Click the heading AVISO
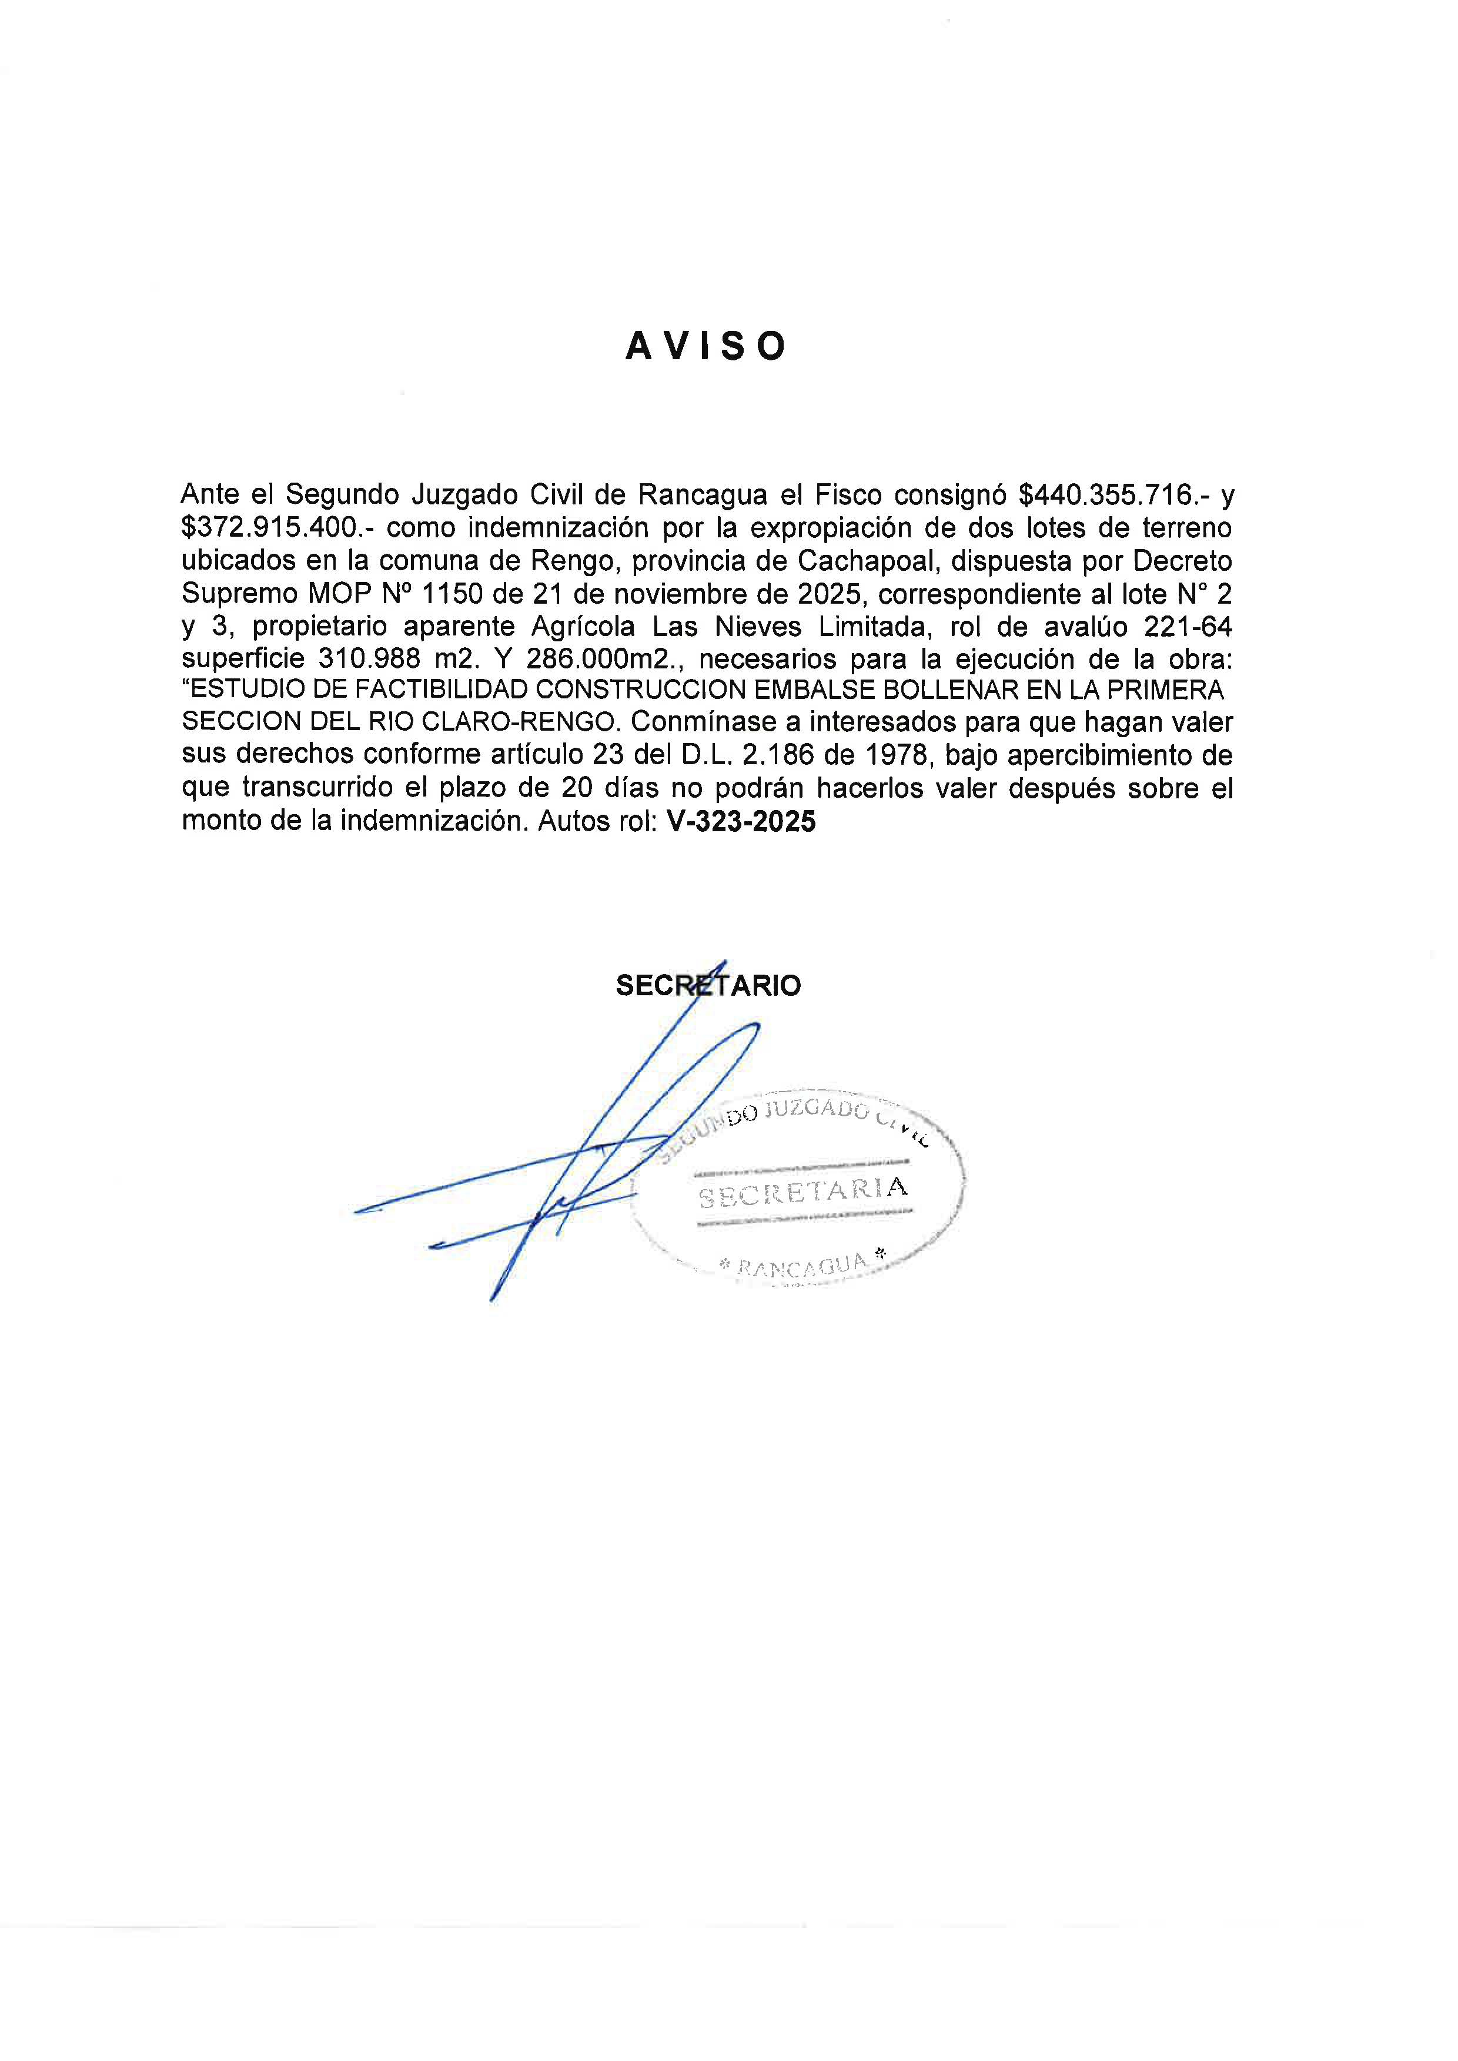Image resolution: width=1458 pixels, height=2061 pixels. tap(705, 346)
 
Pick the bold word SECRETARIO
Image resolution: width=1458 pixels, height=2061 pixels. tap(707, 986)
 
